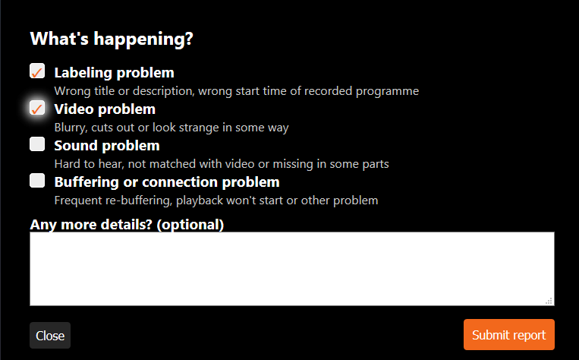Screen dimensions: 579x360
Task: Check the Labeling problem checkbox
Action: (x=37, y=71)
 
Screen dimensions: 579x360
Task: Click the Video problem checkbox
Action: (x=37, y=108)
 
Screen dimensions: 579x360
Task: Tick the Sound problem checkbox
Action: (x=37, y=144)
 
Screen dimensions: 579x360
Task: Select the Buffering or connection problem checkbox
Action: (x=37, y=180)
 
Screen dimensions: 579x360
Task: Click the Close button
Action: (x=50, y=335)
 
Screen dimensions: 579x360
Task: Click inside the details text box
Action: (x=292, y=269)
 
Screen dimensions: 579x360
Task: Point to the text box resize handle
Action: (x=549, y=301)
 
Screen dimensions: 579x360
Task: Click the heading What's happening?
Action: (x=112, y=39)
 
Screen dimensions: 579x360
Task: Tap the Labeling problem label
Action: (x=114, y=72)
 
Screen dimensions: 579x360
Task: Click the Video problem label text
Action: (x=105, y=109)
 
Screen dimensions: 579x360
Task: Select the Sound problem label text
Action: (x=107, y=146)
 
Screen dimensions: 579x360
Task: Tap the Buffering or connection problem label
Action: (x=167, y=182)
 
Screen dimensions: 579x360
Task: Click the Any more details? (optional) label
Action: (x=127, y=225)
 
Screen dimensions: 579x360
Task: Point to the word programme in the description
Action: (x=387, y=91)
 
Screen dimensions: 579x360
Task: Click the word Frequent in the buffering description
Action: (x=78, y=201)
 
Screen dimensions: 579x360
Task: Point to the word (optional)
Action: (x=190, y=225)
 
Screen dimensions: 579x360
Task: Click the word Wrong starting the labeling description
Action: (x=72, y=91)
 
